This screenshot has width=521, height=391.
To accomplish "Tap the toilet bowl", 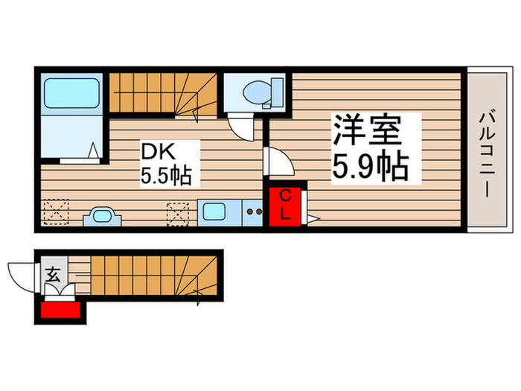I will (258, 92).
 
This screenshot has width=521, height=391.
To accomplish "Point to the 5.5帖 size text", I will (167, 176).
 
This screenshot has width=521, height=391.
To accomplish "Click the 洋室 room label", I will (367, 131).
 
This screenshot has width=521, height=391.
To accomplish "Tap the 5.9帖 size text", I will (370, 167).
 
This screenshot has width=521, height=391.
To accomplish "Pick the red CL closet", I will (285, 205).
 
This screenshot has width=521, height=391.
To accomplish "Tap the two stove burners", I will (255, 212).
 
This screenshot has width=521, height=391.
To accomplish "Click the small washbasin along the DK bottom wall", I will (102, 217).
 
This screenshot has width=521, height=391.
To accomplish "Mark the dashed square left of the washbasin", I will (57, 212).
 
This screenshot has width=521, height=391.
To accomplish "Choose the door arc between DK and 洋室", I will (277, 161).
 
